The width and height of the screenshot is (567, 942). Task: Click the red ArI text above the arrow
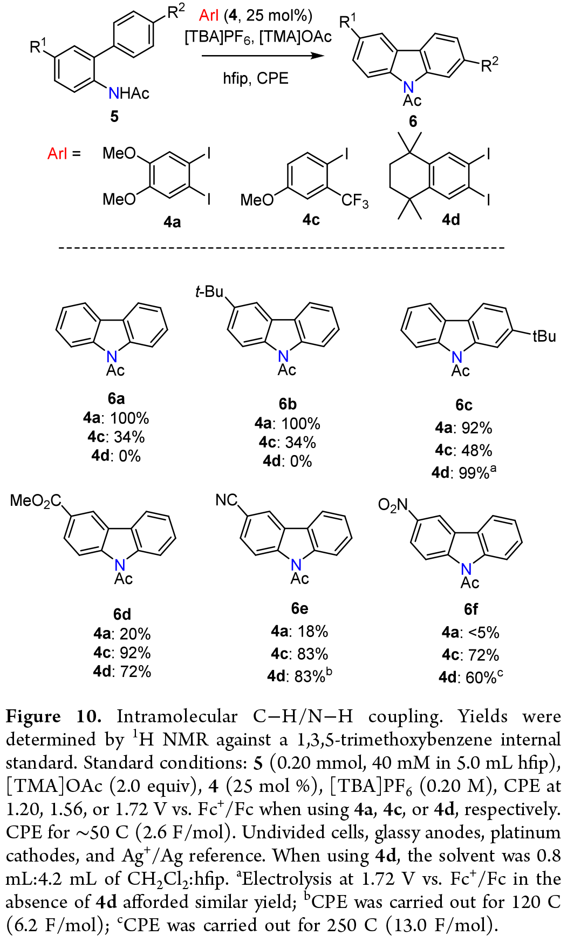(208, 16)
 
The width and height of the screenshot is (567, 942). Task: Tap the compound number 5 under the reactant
(114, 116)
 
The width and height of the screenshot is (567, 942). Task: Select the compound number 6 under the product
(413, 121)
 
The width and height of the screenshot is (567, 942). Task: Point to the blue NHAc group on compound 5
(128, 93)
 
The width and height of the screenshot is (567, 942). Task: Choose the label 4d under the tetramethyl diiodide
(451, 220)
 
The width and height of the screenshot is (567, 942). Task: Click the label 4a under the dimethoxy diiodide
(172, 221)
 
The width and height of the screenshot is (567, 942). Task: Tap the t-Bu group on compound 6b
(209, 292)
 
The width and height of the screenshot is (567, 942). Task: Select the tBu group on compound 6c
(544, 336)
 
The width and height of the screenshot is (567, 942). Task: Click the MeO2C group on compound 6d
(36, 502)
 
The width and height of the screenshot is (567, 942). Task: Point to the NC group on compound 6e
(227, 500)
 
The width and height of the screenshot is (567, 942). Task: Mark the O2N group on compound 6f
(393, 505)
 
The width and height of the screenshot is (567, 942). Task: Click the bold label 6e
(299, 608)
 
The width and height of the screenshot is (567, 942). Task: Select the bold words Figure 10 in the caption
(53, 716)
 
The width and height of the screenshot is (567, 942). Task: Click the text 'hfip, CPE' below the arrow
(256, 79)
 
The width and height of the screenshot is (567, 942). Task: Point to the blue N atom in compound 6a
(112, 357)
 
